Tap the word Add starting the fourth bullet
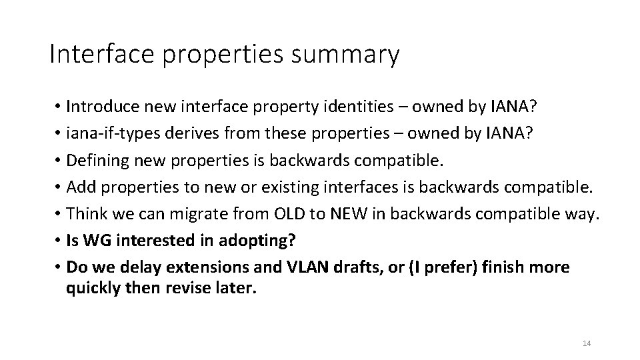(x=79, y=187)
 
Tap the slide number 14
(x=587, y=343)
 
